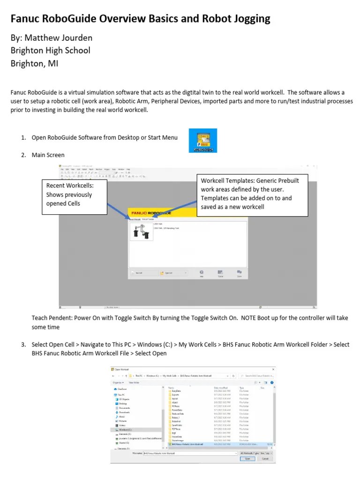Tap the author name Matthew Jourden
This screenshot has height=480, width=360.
pos(59,37)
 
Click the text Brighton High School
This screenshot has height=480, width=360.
pos(51,50)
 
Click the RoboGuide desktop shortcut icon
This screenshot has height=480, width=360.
pos(202,141)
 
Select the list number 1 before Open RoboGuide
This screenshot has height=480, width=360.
pos(23,137)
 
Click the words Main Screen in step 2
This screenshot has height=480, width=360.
pos(48,155)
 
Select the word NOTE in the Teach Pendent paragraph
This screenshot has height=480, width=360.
pos(253,318)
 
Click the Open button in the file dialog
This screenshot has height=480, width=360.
pos(247,459)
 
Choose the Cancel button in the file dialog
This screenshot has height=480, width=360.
pos(265,459)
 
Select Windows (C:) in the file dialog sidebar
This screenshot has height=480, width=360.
pos(125,429)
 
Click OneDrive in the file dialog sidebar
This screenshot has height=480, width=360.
pos(122,389)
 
